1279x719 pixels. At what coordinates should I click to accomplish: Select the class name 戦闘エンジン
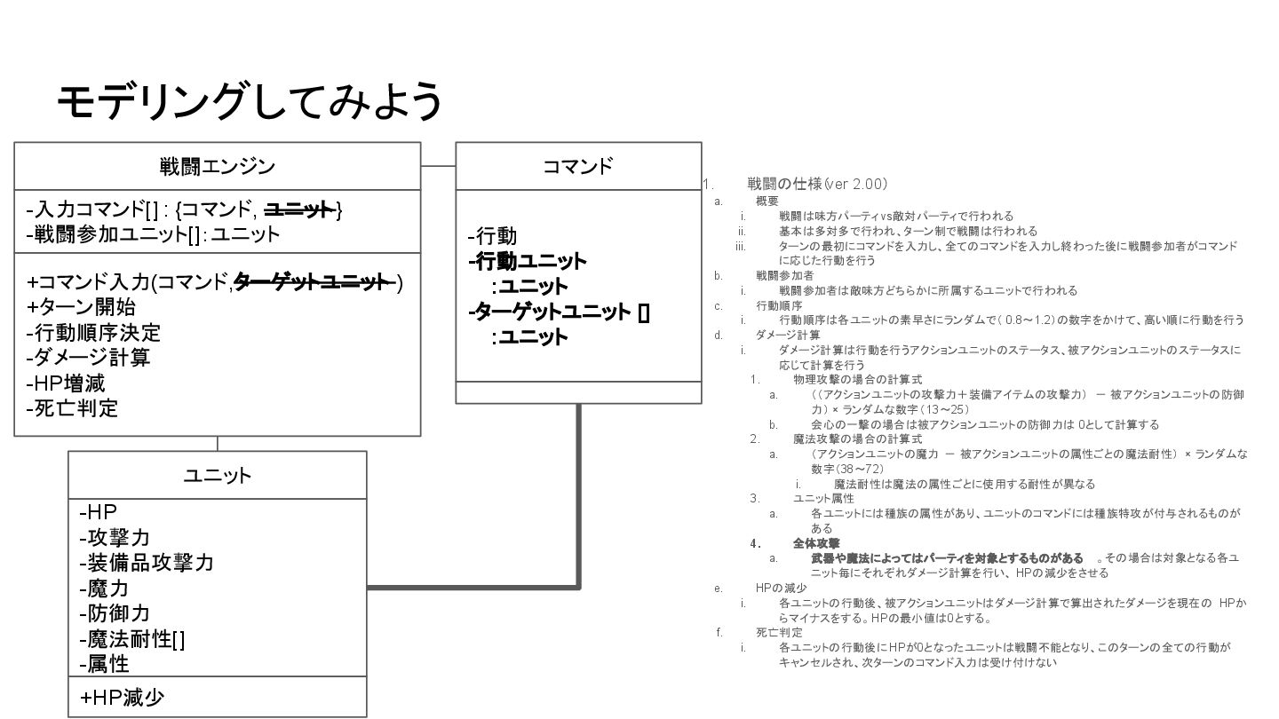tap(218, 166)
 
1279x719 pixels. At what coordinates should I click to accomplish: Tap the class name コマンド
tap(578, 166)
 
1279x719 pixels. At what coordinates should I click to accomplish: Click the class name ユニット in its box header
tap(218, 475)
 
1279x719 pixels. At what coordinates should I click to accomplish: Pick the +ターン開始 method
tap(81, 307)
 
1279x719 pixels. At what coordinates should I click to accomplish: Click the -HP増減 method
tap(66, 383)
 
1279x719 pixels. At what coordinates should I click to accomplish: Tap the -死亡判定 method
tap(72, 409)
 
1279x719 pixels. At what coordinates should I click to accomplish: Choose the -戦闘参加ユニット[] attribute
tap(153, 234)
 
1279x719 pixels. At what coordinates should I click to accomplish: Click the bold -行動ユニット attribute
tap(528, 261)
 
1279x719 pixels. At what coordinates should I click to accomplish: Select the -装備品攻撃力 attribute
tap(147, 563)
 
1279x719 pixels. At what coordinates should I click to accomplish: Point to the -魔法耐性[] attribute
tap(132, 639)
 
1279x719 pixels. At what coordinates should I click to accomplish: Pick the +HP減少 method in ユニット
tap(123, 698)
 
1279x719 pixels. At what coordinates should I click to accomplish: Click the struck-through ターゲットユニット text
tap(314, 282)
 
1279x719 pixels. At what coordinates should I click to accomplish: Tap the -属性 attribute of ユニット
tap(104, 664)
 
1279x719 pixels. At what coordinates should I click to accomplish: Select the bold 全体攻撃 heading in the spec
tap(816, 543)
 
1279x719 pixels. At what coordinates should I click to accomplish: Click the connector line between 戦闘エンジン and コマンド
tap(438, 166)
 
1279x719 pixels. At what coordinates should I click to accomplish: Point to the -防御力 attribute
tap(115, 613)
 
